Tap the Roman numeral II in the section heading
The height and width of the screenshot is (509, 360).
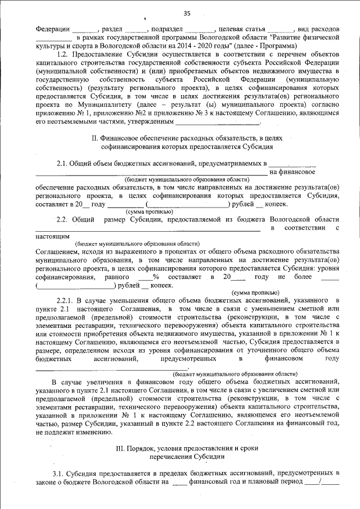94,137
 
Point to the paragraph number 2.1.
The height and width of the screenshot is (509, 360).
62,164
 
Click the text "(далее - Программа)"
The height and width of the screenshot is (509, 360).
263,46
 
